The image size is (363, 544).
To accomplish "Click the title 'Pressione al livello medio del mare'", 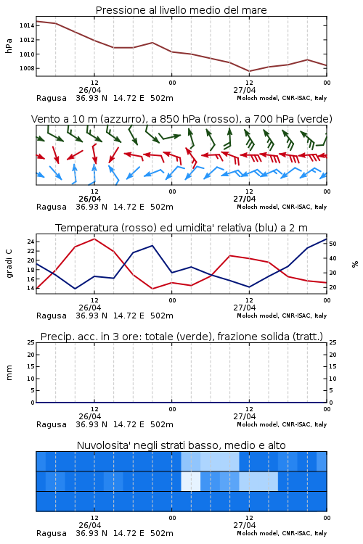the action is tap(181, 10).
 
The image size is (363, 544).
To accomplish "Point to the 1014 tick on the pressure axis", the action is tap(27, 25).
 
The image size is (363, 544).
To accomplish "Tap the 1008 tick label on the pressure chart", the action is tap(27, 68).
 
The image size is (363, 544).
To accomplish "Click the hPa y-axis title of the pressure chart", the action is tap(9, 46).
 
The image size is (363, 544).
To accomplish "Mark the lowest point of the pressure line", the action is tap(249, 71).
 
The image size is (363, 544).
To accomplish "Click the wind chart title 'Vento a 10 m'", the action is tap(181, 119).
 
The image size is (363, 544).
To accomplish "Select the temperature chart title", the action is tap(181, 228).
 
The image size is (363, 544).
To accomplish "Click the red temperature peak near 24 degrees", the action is tap(94, 239).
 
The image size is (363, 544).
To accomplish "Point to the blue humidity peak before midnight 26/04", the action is tap(152, 246).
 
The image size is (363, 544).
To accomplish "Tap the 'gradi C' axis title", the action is tap(9, 264).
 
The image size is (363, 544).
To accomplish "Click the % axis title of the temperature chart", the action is tap(355, 264).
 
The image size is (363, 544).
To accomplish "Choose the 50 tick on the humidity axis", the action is tap(333, 244).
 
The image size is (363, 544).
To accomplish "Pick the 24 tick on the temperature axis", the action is tap(30, 242).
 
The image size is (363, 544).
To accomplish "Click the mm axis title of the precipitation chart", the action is tap(9, 373).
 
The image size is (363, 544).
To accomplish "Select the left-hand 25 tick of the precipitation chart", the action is tap(31, 342).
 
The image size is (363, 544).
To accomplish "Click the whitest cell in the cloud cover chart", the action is tap(191, 481).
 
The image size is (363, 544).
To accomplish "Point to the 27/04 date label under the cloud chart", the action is tap(245, 525).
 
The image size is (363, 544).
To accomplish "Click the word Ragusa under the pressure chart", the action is tap(52, 98).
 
